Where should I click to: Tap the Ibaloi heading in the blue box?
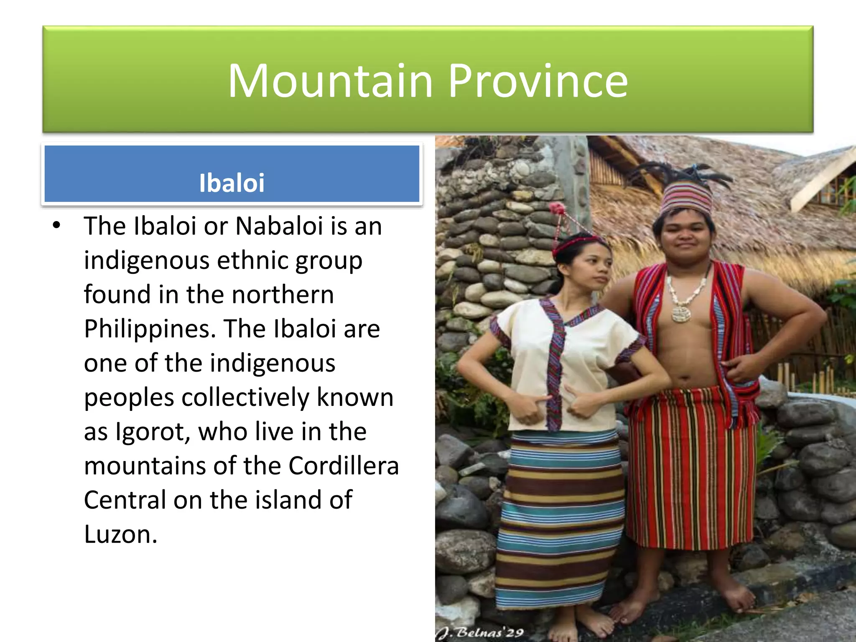(232, 183)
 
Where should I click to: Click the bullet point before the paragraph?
(56, 226)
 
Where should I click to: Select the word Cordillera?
(344, 466)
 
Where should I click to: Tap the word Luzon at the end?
(120, 534)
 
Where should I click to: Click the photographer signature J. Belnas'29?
(481, 632)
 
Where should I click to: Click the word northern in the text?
(283, 295)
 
